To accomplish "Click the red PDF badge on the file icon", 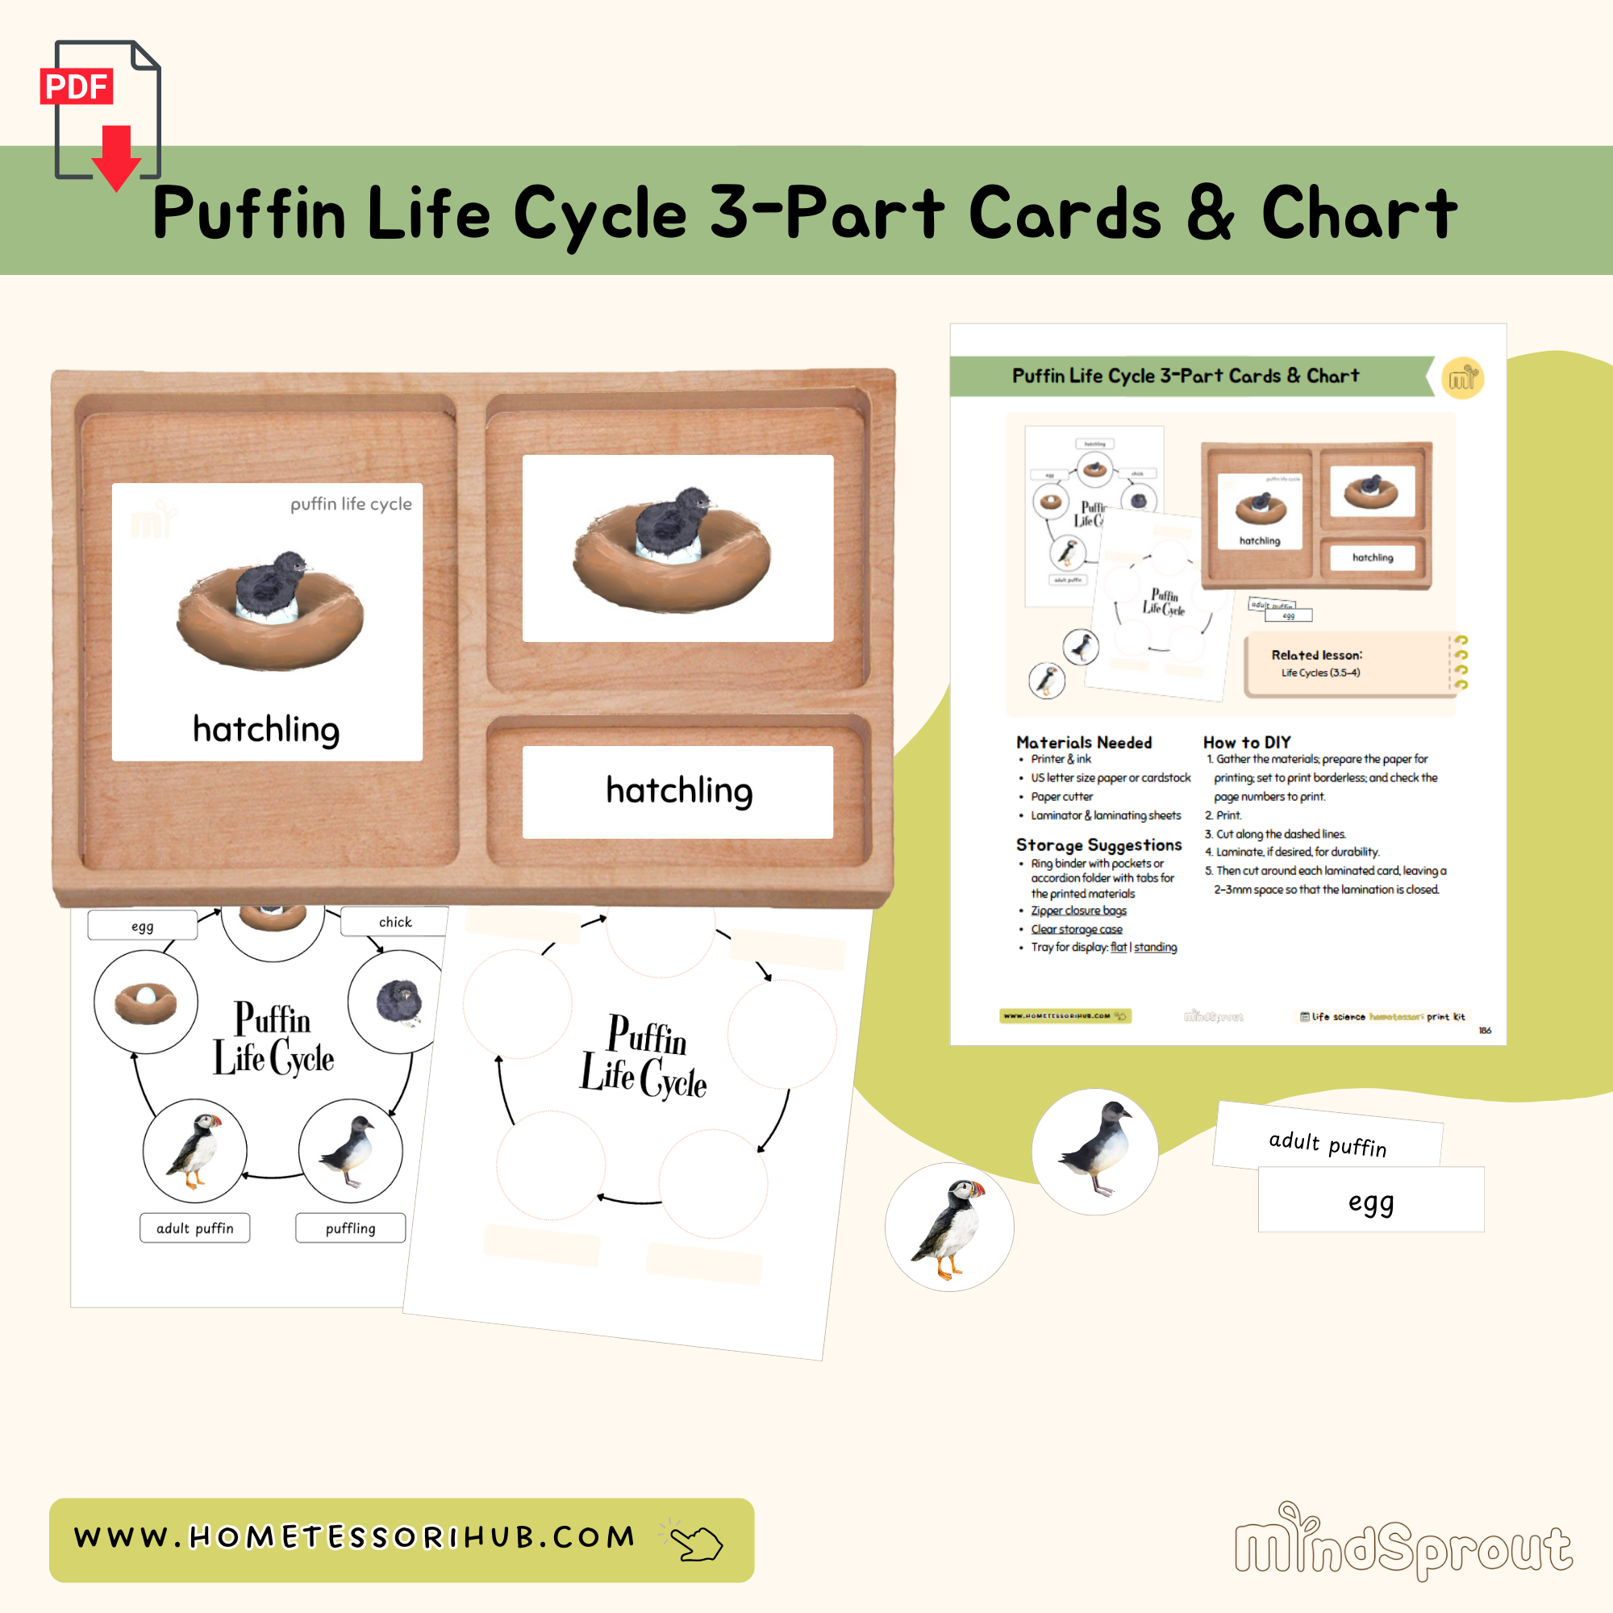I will pyautogui.click(x=76, y=86).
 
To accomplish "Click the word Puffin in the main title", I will pyautogui.click(x=248, y=213).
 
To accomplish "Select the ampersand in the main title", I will pyautogui.click(x=1210, y=213).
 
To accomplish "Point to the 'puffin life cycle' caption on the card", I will pyautogui.click(x=351, y=503).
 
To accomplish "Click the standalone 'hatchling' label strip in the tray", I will pyautogui.click(x=677, y=791).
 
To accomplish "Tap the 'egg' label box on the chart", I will pyautogui.click(x=142, y=926).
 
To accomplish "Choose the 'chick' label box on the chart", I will pyautogui.click(x=395, y=922).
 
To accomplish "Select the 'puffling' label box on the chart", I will pyautogui.click(x=350, y=1228).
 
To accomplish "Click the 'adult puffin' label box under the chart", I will pyautogui.click(x=194, y=1228).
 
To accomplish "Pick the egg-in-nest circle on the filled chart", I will pyautogui.click(x=145, y=1001).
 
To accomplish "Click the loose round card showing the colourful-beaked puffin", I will pyautogui.click(x=949, y=1227).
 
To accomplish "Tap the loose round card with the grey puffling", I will pyautogui.click(x=1094, y=1152).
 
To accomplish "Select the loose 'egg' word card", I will pyautogui.click(x=1371, y=1201).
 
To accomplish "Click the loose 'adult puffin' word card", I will pyautogui.click(x=1327, y=1141).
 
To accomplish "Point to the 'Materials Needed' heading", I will pyautogui.click(x=1084, y=742).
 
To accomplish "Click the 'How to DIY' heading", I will pyautogui.click(x=1247, y=742).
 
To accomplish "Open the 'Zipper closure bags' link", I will pyautogui.click(x=1077, y=911).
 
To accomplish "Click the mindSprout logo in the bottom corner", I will pyautogui.click(x=1403, y=1545).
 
